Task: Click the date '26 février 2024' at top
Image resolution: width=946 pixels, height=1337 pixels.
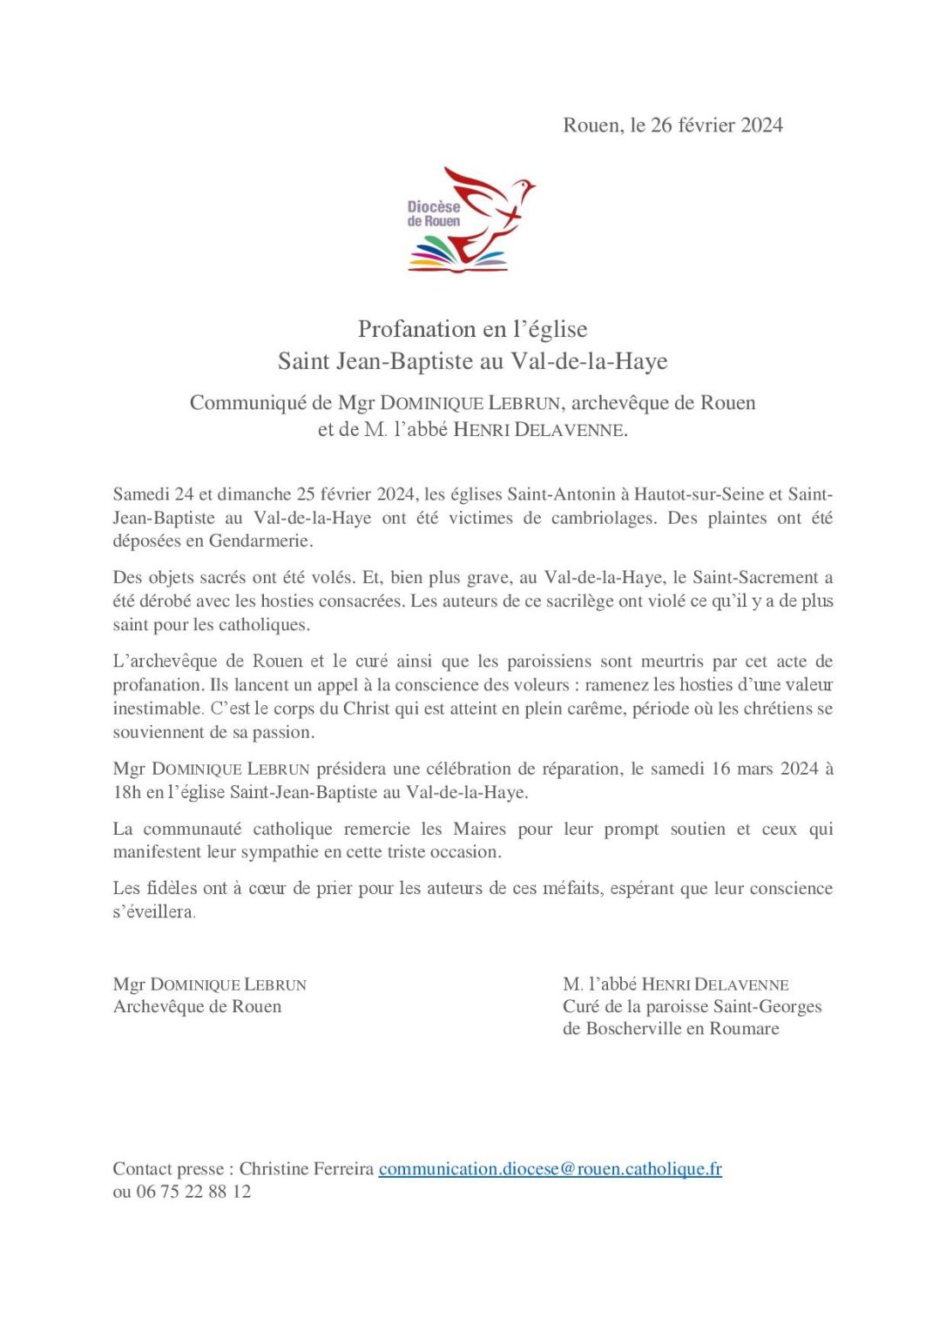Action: coord(716,125)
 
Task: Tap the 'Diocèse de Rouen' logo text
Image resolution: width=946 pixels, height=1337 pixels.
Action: coord(434,213)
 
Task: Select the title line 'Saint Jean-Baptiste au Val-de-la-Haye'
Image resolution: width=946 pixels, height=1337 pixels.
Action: coord(473,361)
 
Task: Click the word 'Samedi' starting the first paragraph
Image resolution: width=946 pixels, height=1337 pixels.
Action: coord(141,494)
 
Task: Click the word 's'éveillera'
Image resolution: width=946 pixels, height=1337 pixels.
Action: coord(154,911)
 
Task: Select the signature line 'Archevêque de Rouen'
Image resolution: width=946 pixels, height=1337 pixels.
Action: coord(198,1006)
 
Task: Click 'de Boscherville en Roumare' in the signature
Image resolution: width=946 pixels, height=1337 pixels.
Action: coord(671,1029)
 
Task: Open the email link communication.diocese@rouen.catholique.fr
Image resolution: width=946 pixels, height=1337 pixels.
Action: coord(550,1169)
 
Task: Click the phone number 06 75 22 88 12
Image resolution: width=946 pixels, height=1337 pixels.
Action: coord(193,1192)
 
